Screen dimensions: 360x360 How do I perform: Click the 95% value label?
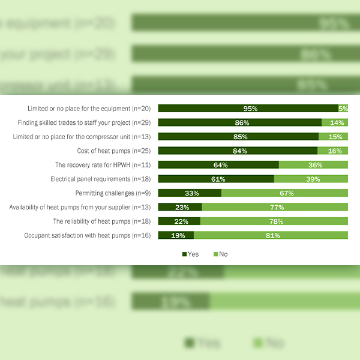[x=250, y=109]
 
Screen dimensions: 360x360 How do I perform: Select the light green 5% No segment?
[x=343, y=109]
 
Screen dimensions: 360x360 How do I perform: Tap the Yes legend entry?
[x=190, y=254]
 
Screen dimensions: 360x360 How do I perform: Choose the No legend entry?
[x=220, y=254]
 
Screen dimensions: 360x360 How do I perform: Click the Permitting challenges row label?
[x=113, y=193]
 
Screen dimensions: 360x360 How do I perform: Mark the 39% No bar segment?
[x=311, y=179]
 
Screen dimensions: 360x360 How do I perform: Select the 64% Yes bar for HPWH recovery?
[x=218, y=165]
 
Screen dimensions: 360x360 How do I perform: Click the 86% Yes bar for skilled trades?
[x=239, y=122]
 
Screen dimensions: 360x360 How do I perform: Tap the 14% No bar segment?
[x=335, y=122]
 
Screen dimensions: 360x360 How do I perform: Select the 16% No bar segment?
[x=333, y=151]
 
